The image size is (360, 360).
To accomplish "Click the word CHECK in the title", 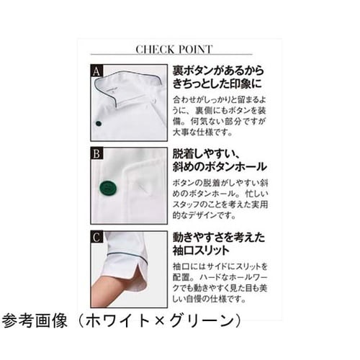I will (x=154, y=50).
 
